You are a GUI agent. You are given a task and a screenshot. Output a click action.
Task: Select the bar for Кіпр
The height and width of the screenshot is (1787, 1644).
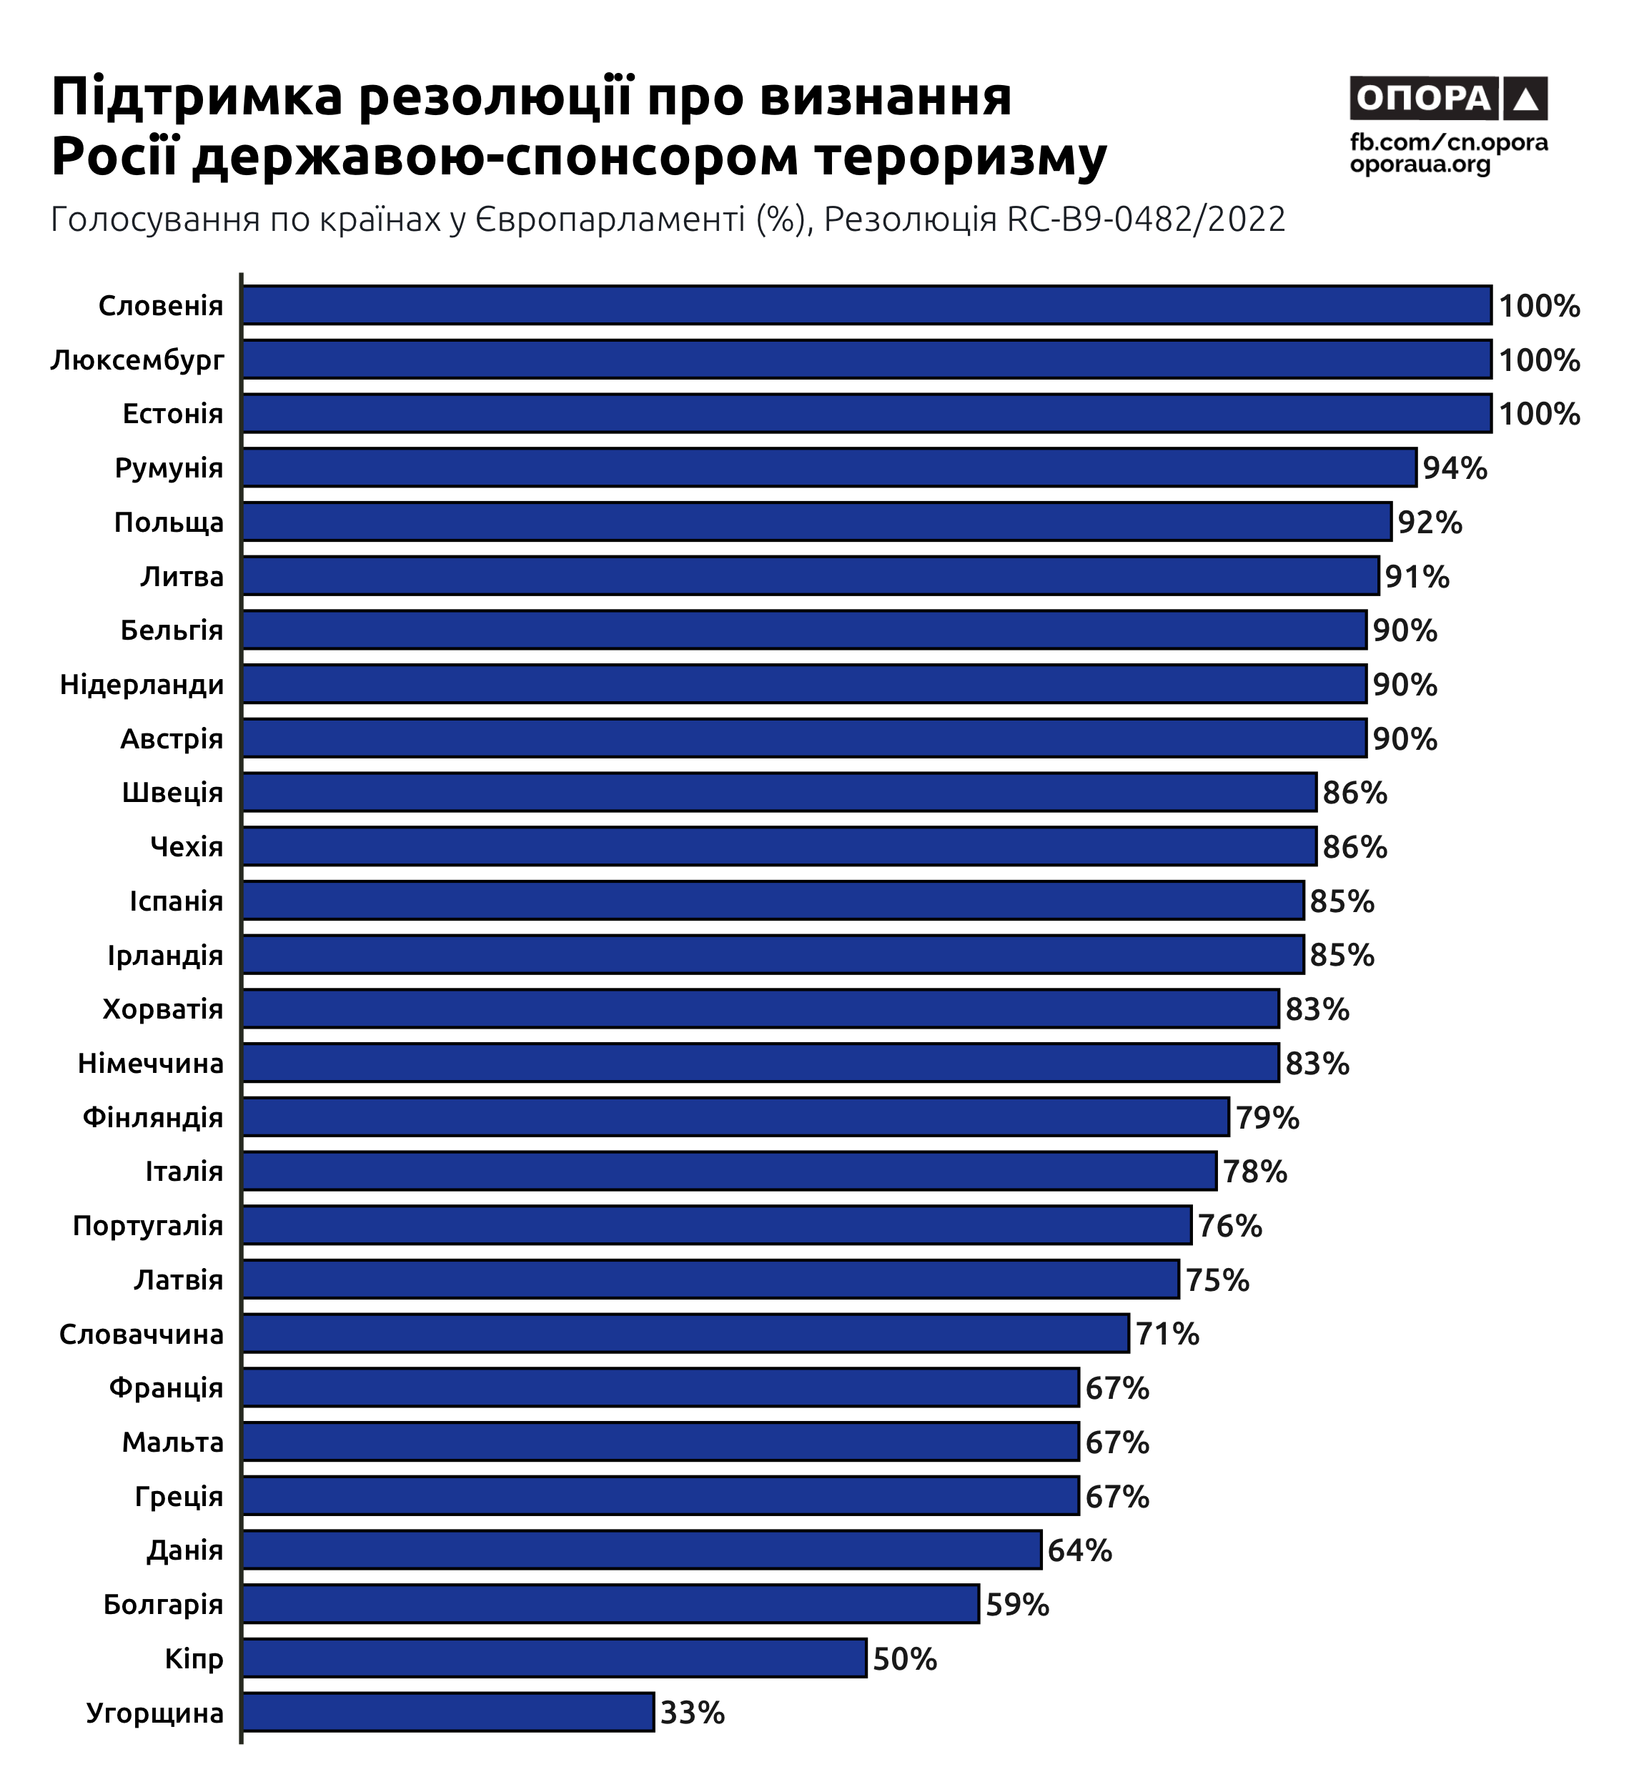click(554, 1658)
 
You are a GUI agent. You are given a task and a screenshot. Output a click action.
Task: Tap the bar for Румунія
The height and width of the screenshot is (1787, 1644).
click(829, 468)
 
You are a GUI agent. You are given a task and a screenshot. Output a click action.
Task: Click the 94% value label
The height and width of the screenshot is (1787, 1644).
click(1455, 468)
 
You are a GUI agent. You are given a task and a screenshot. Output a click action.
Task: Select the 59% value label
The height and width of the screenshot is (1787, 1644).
click(1017, 1605)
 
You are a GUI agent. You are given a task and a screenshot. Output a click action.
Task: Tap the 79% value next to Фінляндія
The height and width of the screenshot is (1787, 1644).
click(1267, 1117)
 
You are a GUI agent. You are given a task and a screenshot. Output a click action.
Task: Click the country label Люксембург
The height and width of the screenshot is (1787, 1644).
click(138, 360)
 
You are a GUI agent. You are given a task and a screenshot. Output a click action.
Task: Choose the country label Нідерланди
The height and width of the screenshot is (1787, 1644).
click(142, 685)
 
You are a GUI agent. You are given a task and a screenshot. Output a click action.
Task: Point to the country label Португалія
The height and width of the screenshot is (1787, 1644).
click(148, 1226)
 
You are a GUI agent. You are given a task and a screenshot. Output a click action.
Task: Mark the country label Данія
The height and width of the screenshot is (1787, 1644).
click(185, 1550)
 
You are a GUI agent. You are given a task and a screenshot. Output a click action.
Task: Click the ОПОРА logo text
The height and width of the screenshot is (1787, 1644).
click(1423, 98)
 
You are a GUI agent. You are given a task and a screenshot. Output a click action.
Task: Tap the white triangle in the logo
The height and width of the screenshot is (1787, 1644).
click(1525, 99)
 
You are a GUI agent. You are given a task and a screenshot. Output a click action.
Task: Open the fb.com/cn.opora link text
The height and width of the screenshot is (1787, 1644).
click(1448, 142)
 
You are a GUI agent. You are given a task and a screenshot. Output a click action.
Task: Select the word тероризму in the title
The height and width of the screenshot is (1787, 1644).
click(961, 157)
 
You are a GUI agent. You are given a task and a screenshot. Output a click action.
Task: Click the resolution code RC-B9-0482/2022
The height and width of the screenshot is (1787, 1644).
click(1146, 219)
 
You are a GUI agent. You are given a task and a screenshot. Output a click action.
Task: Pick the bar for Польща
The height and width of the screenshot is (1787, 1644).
click(817, 522)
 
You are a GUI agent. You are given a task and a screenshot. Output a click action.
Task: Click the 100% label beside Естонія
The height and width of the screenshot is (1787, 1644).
click(1539, 415)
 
